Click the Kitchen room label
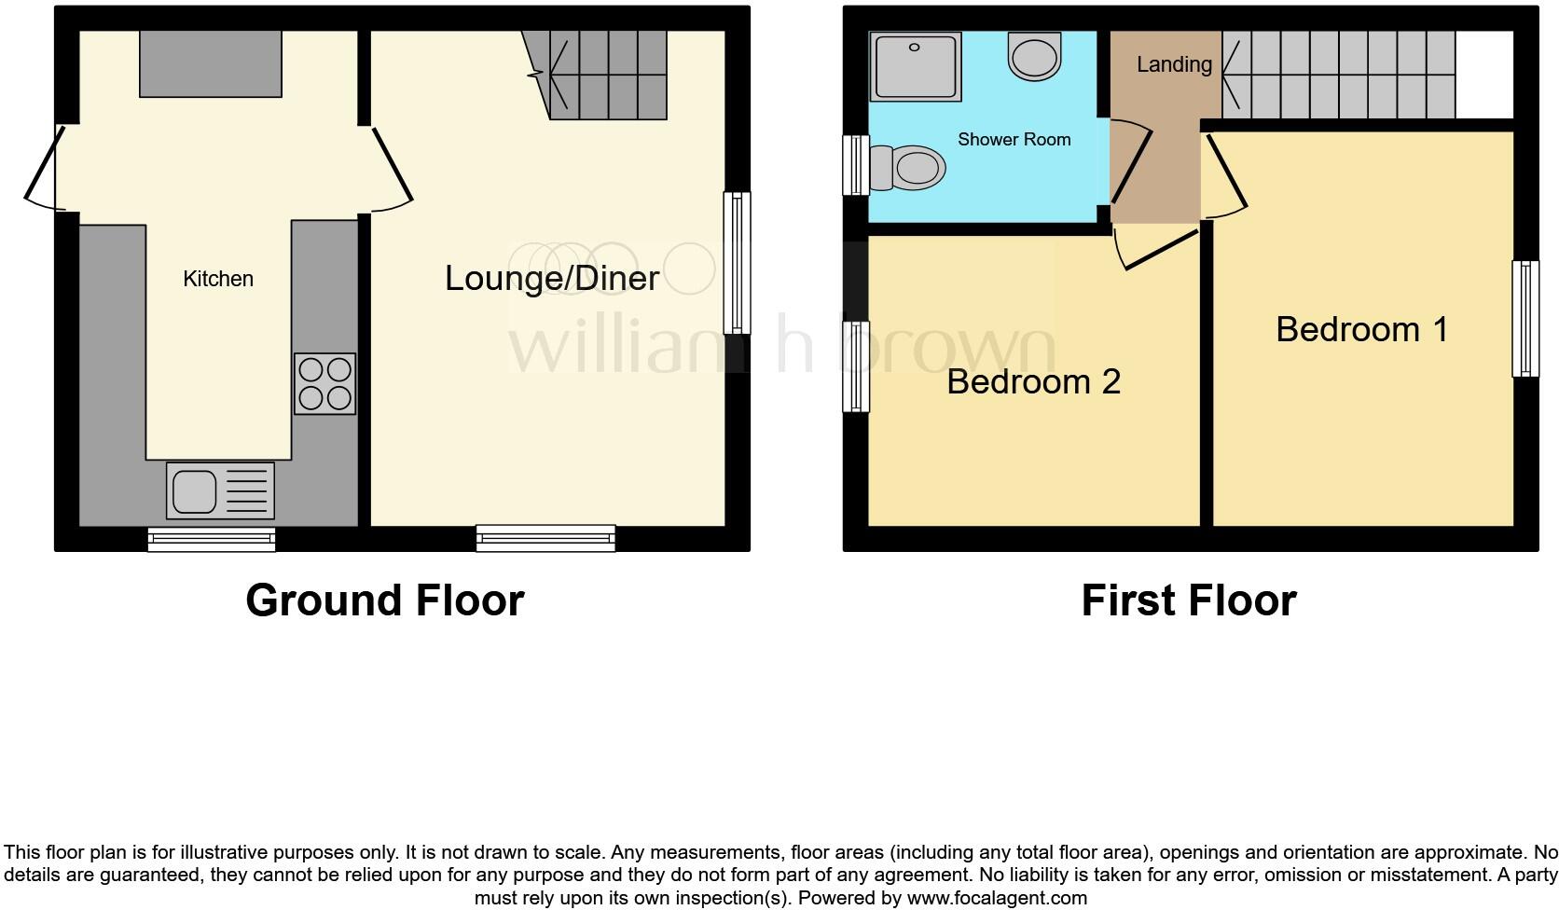click(217, 279)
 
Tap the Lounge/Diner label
click(551, 278)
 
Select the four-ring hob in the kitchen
click(324, 383)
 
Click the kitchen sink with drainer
click(220, 490)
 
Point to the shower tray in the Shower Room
click(915, 67)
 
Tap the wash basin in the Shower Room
click(1034, 56)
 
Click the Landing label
click(1173, 64)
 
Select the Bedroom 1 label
click(1361, 329)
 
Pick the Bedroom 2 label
click(1033, 381)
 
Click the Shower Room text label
click(1014, 140)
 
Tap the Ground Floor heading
click(384, 600)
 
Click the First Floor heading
click(1188, 600)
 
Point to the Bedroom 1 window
click(1525, 318)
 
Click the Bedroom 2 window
click(855, 366)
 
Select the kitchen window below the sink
click(212, 539)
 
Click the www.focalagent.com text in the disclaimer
click(996, 899)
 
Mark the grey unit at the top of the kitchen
click(211, 63)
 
